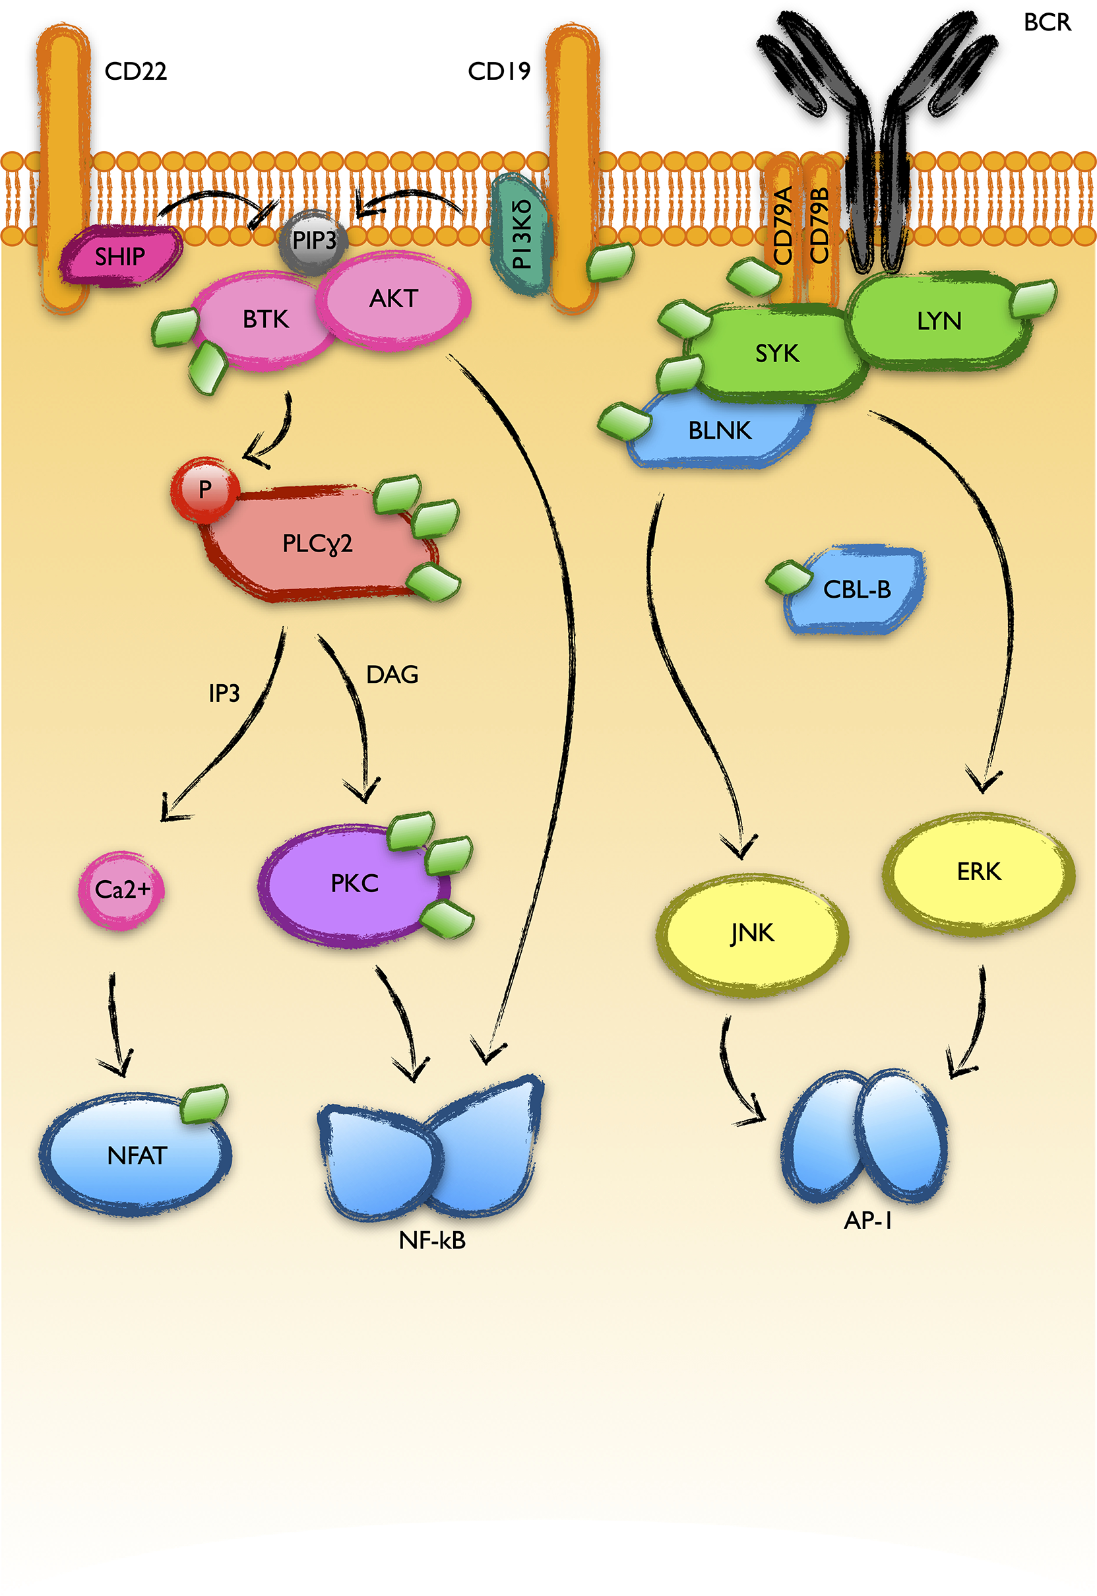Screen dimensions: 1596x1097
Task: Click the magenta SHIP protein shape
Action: coord(120,257)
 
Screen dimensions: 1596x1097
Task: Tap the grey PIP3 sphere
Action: coord(314,241)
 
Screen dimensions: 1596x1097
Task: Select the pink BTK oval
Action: coord(265,319)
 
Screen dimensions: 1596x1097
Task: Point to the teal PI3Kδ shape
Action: coord(521,234)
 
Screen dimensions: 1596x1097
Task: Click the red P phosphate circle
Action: coord(205,490)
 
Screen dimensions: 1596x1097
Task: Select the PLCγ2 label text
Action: coord(317,544)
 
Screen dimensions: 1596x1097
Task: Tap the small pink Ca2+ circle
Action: coord(121,890)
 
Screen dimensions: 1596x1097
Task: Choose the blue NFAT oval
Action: coord(136,1155)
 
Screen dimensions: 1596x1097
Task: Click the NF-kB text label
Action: coord(432,1240)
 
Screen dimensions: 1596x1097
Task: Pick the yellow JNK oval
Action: coord(752,934)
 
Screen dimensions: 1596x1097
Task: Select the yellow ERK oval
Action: coord(978,872)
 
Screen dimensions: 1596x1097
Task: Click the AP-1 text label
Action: coord(867,1221)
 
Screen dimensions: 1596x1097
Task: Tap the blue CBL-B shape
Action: coord(856,590)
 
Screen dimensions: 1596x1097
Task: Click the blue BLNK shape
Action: coord(719,431)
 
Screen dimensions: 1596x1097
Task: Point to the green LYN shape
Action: coord(938,321)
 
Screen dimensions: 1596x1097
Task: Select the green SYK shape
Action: coord(776,353)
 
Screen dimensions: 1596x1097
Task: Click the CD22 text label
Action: coord(135,71)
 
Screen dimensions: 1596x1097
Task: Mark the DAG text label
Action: coord(392,675)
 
